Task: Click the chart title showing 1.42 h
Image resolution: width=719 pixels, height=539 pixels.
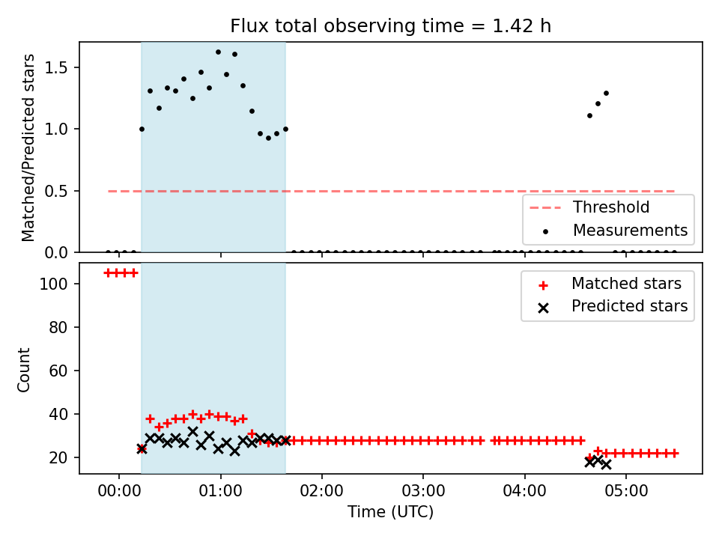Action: click(x=390, y=26)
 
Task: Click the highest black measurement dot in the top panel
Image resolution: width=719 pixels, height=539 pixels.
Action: click(x=218, y=52)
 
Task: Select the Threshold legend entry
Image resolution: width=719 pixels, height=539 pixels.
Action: click(x=589, y=207)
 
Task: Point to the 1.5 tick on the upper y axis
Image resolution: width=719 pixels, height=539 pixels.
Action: click(x=55, y=68)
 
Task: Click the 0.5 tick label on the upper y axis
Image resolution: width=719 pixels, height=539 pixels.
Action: click(x=55, y=191)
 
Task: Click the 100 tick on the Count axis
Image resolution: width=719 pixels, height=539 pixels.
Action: click(x=53, y=284)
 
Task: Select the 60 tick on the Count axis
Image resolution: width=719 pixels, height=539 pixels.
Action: click(x=58, y=371)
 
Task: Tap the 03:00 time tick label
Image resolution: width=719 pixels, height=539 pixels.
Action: click(x=423, y=491)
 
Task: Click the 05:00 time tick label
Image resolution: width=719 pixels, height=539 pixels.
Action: click(x=626, y=491)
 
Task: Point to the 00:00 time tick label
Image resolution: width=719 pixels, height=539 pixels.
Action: click(x=119, y=491)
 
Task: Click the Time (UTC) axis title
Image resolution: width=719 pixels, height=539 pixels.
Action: click(x=390, y=511)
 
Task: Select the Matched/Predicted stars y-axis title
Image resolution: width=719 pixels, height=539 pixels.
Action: click(x=28, y=147)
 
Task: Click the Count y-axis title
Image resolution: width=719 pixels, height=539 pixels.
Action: click(x=23, y=370)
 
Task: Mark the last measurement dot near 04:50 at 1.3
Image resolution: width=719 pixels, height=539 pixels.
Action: click(x=606, y=93)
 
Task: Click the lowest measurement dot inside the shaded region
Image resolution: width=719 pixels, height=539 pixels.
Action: click(x=269, y=138)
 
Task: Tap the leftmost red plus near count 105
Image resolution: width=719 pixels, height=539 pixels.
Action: click(x=108, y=273)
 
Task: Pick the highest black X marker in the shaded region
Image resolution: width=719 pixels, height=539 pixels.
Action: click(x=193, y=431)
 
